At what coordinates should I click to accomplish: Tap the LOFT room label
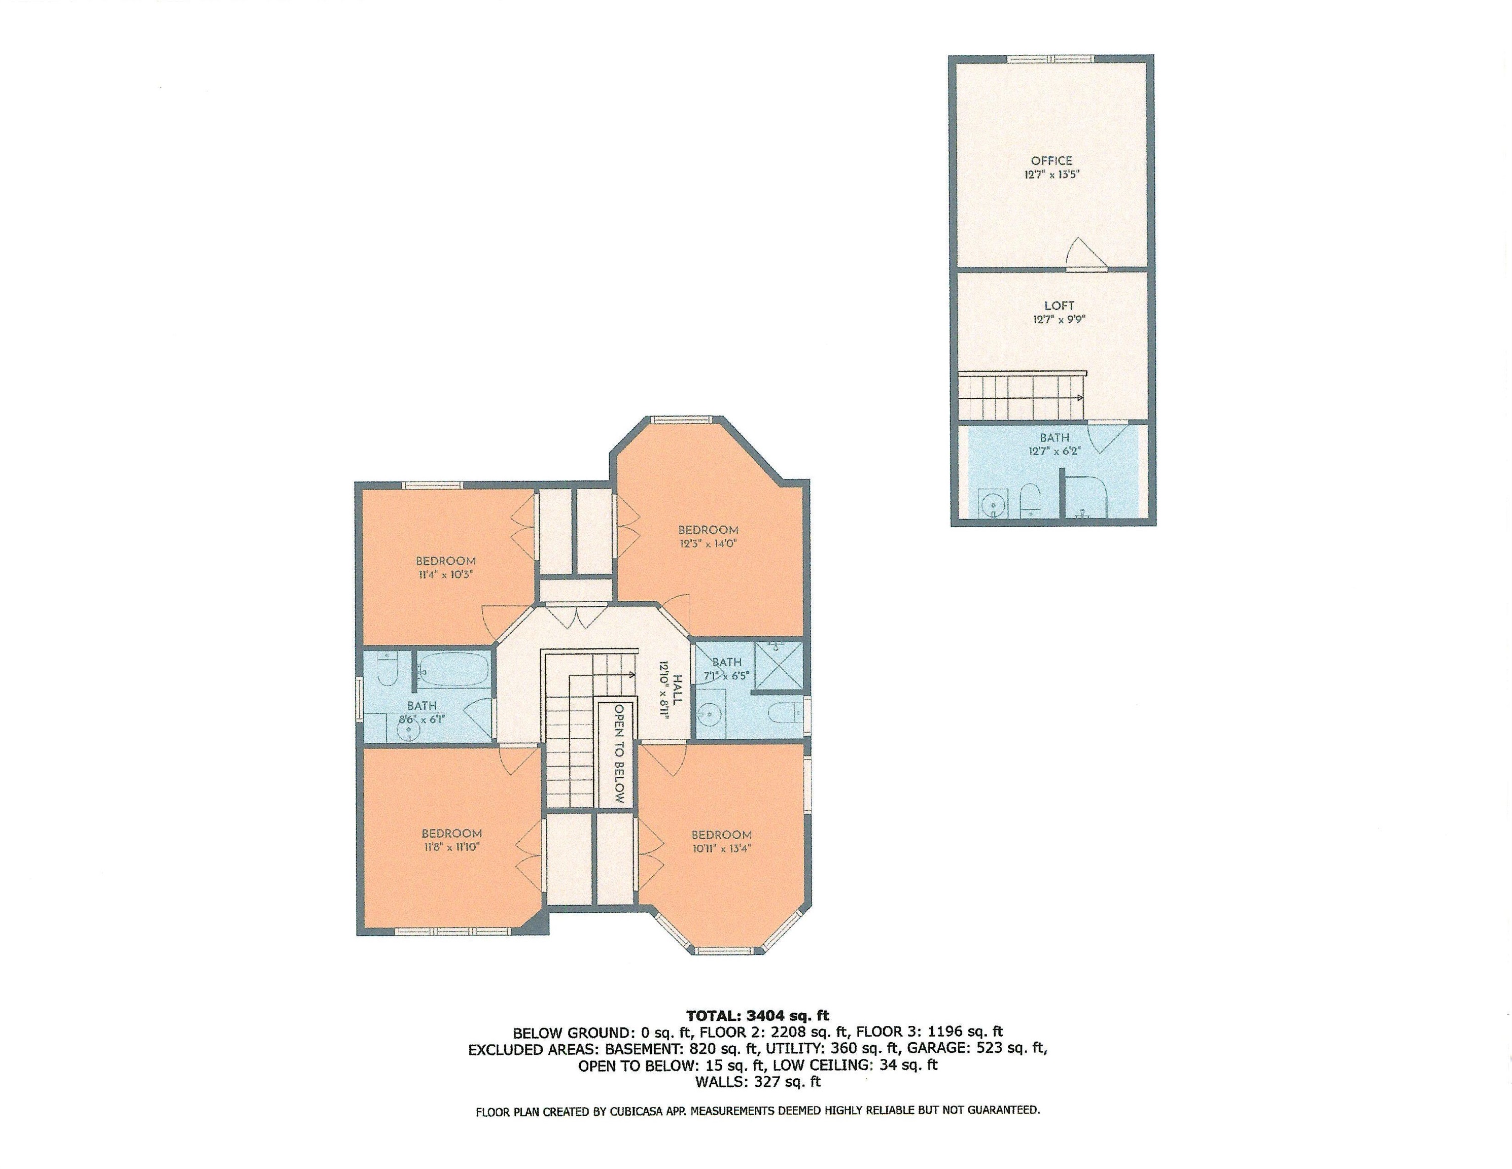1059,305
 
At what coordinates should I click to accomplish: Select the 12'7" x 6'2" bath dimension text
1053,450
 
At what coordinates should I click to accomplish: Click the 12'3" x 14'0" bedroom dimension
708,543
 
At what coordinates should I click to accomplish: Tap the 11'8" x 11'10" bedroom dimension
451,846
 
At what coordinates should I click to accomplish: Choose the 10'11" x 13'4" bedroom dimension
721,848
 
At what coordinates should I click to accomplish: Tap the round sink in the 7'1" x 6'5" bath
708,713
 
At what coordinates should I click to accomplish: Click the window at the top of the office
1051,59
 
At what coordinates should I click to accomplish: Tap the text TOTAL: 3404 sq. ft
757,1016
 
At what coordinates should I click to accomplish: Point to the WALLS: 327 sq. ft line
757,1081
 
